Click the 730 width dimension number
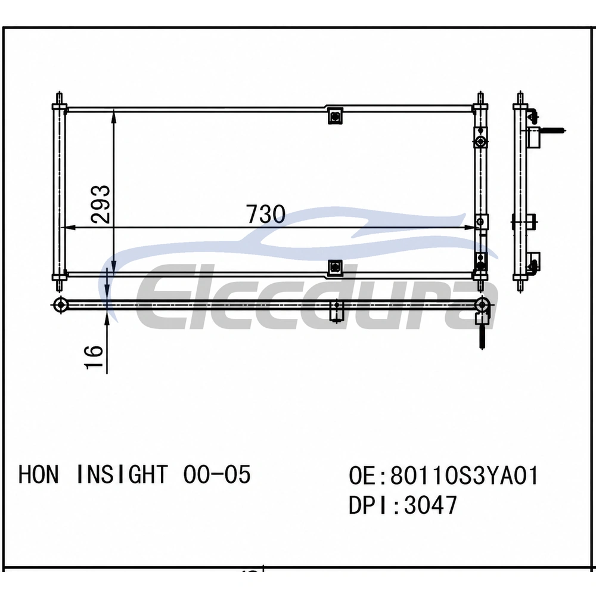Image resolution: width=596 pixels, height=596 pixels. pyautogui.click(x=265, y=214)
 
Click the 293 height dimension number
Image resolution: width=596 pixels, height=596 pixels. pyautogui.click(x=101, y=204)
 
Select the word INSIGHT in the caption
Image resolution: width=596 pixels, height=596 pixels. pyautogui.click(x=122, y=474)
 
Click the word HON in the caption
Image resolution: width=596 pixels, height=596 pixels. pyautogui.click(x=38, y=474)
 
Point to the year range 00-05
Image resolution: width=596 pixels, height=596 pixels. pyautogui.click(x=217, y=474)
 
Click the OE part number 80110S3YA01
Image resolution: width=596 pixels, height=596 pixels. pyautogui.click(x=464, y=475)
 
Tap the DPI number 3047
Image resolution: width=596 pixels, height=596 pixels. pyautogui.click(x=431, y=505)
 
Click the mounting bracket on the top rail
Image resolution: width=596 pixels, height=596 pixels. pyautogui.click(x=335, y=116)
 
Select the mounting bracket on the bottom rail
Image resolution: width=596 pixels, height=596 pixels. pyautogui.click(x=335, y=268)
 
